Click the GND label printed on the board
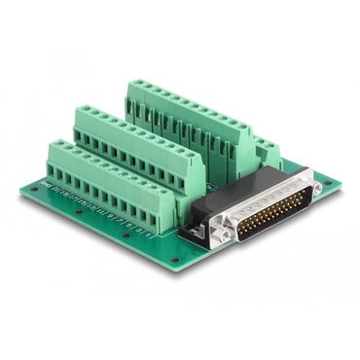45,183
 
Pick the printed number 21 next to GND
56,187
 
